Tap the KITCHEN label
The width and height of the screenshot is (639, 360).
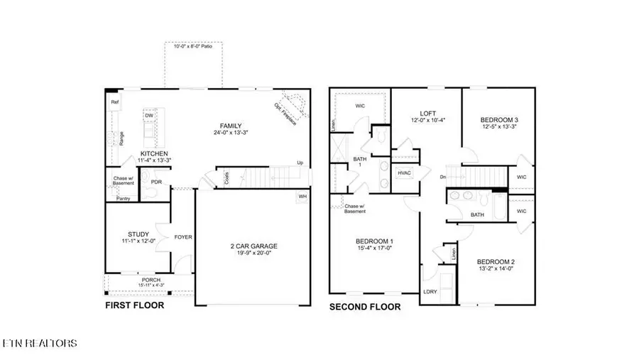[154, 153]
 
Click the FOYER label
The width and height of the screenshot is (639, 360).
[183, 236]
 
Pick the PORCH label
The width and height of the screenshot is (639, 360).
[151, 280]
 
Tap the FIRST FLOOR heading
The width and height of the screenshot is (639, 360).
[134, 305]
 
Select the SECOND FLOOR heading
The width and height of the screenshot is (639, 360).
[364, 307]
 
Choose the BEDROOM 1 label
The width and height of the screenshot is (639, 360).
[374, 241]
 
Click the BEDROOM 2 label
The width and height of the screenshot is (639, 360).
[495, 261]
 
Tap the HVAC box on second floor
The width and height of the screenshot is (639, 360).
[405, 173]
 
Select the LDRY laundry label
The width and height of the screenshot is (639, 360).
[430, 291]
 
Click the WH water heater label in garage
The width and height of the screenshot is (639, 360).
[302, 196]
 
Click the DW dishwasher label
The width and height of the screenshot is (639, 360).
[149, 115]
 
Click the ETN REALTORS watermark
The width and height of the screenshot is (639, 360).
[39, 344]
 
